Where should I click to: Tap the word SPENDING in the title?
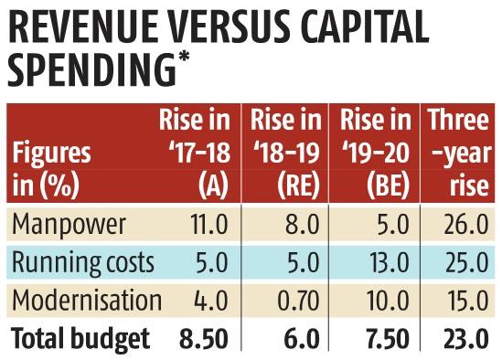[x=91, y=69]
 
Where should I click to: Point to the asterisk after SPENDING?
[x=183, y=57]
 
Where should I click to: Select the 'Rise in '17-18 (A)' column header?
[x=195, y=153]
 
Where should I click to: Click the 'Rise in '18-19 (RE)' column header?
[x=285, y=153]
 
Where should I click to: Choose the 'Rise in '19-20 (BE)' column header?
[x=375, y=153]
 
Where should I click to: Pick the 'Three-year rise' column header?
[x=459, y=153]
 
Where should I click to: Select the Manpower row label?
[x=69, y=225]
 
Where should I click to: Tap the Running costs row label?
[x=82, y=263]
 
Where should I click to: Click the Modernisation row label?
[x=87, y=301]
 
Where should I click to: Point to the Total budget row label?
[x=80, y=338]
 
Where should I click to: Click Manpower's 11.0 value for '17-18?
[x=208, y=225]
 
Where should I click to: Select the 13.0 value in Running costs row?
[x=389, y=262]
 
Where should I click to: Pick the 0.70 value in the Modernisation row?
[x=298, y=301]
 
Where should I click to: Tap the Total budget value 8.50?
[x=204, y=339]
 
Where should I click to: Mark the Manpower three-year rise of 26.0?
[x=466, y=225]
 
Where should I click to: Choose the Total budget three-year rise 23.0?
[x=466, y=339]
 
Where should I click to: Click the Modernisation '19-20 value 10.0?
[x=388, y=301]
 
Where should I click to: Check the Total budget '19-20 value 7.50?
[x=388, y=339]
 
